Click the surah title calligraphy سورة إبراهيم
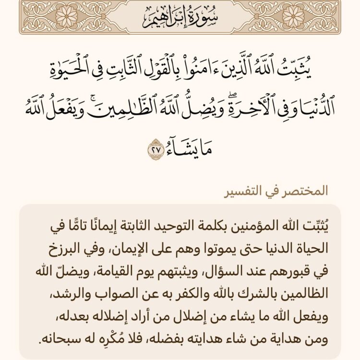pos(180,20)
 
